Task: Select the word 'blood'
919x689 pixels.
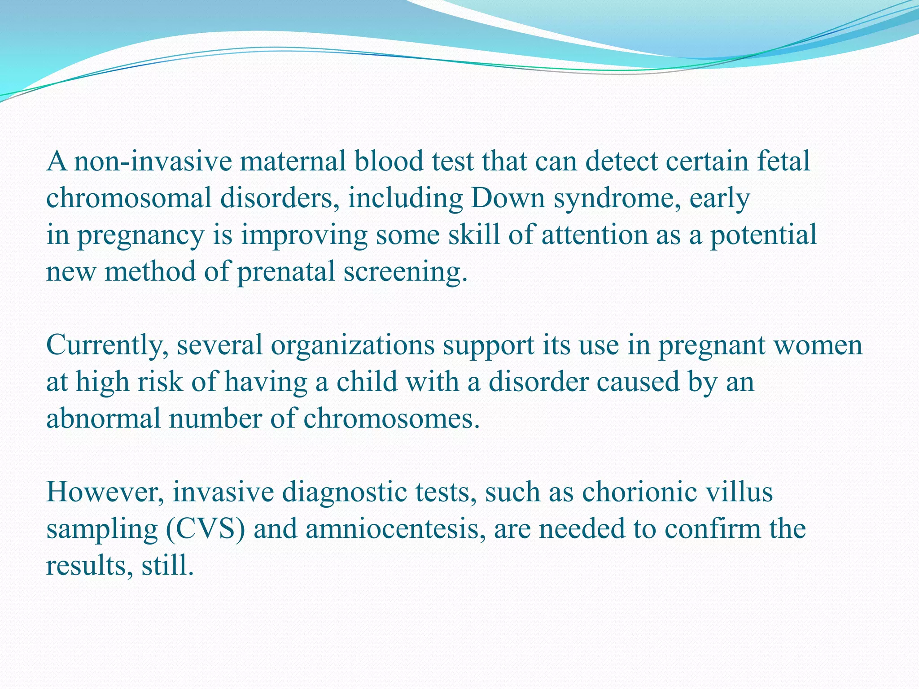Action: (x=389, y=161)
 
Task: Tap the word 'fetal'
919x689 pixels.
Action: (x=783, y=161)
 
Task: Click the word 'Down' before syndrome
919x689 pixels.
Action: (x=507, y=198)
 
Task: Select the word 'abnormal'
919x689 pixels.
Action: (x=103, y=419)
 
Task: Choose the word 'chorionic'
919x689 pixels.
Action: (x=639, y=492)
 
